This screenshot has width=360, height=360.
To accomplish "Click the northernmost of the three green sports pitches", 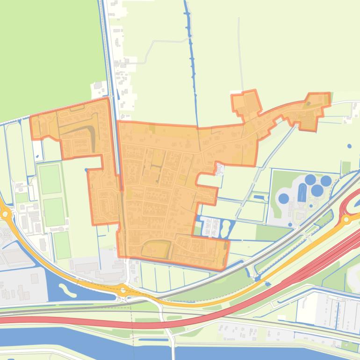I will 50,179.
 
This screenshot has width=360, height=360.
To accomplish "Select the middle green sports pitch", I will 54,212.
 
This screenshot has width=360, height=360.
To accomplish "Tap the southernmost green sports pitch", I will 61,245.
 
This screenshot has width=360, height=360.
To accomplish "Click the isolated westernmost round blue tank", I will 283,198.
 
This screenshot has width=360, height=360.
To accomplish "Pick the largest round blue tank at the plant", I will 317,190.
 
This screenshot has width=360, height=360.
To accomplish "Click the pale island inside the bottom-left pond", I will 68,290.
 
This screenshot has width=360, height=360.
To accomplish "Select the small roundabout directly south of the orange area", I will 123,290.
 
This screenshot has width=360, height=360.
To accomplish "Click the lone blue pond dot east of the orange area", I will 350,146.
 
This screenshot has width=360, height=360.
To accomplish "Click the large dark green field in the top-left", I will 47,51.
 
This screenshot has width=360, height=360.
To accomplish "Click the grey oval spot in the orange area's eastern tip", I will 308,102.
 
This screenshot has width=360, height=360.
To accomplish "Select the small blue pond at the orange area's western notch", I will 86,170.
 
